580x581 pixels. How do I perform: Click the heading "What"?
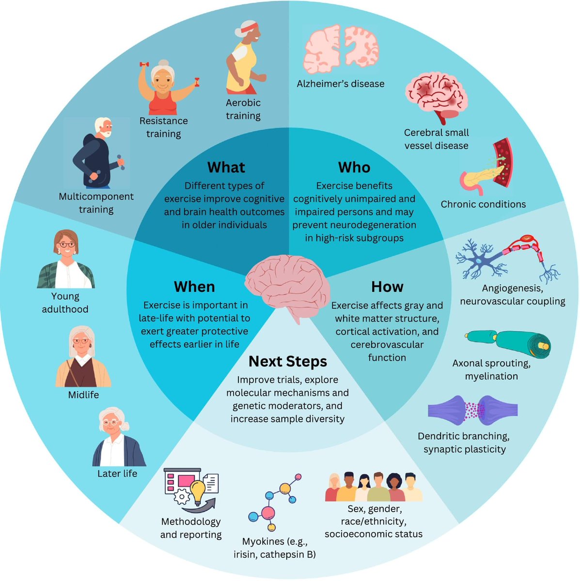[x=226, y=168]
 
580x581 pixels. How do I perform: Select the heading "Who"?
[x=354, y=168]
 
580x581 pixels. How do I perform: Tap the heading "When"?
[x=194, y=287]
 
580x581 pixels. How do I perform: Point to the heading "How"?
[x=387, y=287]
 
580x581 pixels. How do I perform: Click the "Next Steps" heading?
[x=287, y=362]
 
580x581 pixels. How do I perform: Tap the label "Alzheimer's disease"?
[x=340, y=84]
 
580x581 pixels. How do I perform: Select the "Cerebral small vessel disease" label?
[x=436, y=139]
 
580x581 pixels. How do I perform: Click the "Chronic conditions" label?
[x=483, y=204]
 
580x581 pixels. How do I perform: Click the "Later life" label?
[x=117, y=474]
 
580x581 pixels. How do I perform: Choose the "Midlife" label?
[x=83, y=395]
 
